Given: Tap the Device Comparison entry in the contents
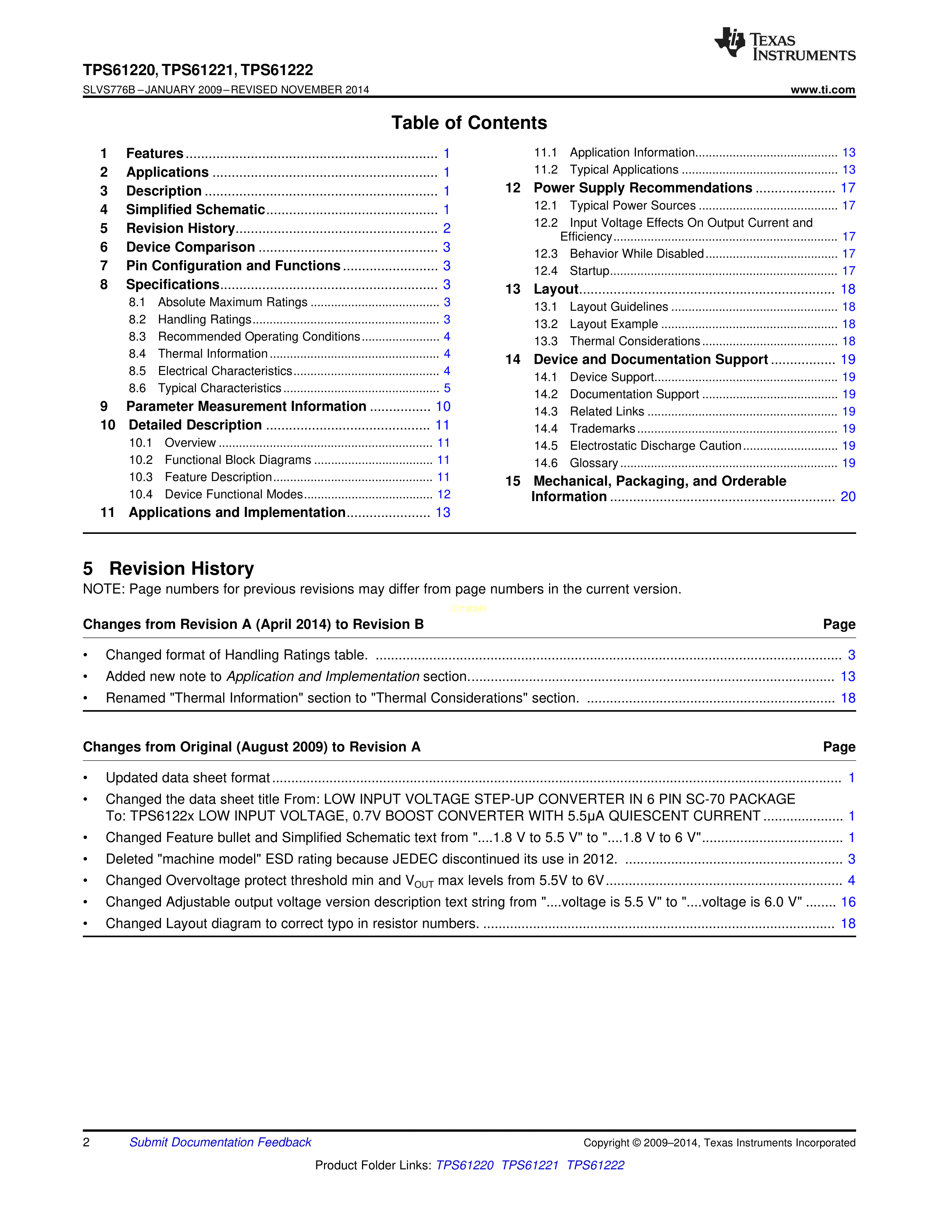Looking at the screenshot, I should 190,247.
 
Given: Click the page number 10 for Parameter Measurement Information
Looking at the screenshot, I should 443,407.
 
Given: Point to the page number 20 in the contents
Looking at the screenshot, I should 848,497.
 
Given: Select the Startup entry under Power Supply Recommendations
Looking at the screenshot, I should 589,271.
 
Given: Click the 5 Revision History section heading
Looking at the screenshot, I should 169,568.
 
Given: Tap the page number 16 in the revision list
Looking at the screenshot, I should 848,902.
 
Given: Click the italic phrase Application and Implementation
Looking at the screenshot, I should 323,676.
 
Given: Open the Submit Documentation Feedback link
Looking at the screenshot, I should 220,1142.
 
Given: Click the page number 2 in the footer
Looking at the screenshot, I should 86,1142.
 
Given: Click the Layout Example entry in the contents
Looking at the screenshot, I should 613,324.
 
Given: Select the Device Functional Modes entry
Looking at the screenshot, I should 233,494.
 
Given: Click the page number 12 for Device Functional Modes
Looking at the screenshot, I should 443,494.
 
